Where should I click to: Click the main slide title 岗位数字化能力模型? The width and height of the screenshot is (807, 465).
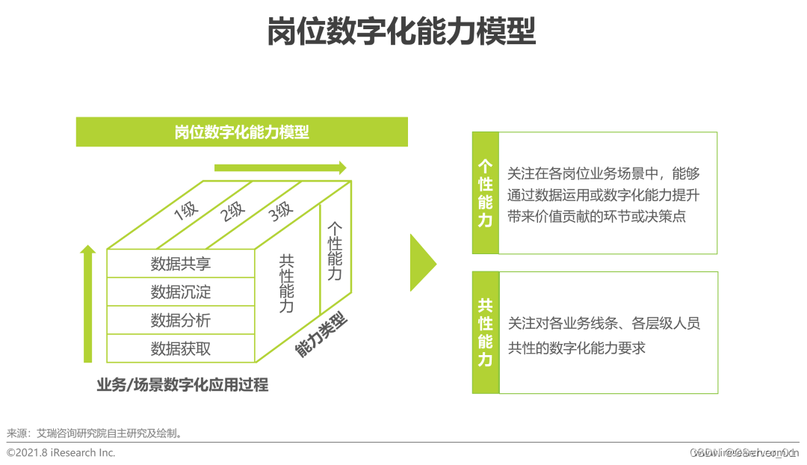pos(401,32)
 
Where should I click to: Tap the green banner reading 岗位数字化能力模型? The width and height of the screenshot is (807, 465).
pos(241,132)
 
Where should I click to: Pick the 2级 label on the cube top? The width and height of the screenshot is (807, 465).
pos(232,212)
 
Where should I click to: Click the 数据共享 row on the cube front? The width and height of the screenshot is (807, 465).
pos(181,263)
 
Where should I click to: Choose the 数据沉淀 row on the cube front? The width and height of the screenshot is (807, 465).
pos(181,292)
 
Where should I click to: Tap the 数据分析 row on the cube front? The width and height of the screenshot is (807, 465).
pos(181,320)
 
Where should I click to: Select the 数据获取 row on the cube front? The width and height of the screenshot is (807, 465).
pos(181,348)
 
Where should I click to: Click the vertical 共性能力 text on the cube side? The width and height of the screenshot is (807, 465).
pos(286,283)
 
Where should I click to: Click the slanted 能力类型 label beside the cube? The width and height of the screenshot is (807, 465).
pos(322,334)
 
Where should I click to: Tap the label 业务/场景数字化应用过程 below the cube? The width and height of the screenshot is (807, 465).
pos(182,385)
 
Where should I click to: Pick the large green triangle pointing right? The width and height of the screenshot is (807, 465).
pos(422,262)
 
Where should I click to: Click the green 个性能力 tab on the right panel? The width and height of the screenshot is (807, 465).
pos(486,193)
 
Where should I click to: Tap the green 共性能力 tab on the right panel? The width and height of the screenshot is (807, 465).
pos(486,333)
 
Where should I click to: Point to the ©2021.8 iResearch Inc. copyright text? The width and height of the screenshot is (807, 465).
pos(61,452)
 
